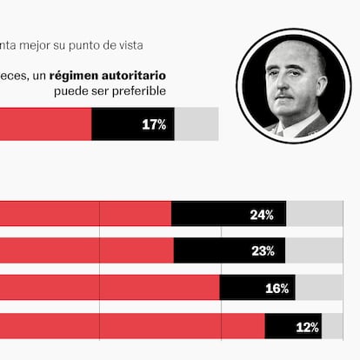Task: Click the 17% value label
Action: coord(154,125)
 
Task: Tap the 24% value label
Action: coord(262,215)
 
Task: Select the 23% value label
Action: coord(263,251)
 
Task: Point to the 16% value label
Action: coord(277,289)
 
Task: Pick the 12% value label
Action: coord(307,327)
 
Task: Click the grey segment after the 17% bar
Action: coord(197,124)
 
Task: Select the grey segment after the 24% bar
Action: coord(315,215)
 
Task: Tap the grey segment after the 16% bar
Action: coord(319,288)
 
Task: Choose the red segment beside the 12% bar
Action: coord(130,326)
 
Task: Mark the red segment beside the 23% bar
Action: coord(87,250)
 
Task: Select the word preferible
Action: coord(138,91)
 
